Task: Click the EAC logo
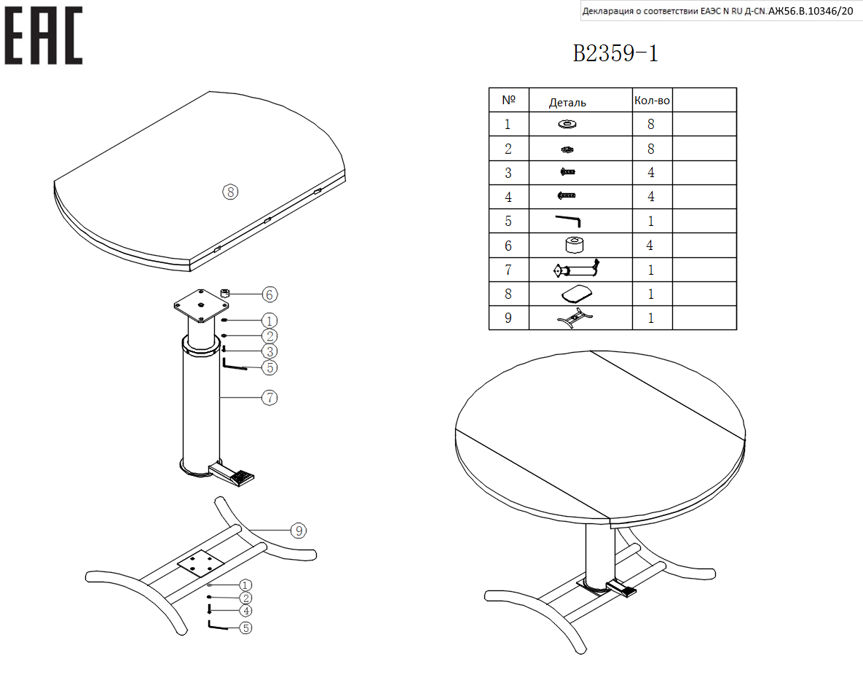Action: pos(44,36)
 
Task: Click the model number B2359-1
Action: pos(615,53)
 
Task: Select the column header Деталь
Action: pos(567,103)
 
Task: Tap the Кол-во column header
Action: pos(652,101)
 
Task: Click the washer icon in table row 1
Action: pos(567,125)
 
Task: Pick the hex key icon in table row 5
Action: pos(568,220)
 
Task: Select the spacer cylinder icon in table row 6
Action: pos(575,245)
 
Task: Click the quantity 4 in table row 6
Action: pos(650,245)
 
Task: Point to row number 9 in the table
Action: pos(508,318)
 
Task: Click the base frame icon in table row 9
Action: pos(574,318)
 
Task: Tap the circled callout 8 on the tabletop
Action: pos(230,192)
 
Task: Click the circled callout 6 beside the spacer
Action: pos(269,294)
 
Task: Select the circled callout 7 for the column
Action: pos(269,398)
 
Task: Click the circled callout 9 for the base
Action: pos(299,531)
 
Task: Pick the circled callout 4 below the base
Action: pos(246,611)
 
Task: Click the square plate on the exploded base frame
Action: pos(200,563)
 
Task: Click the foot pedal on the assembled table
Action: pos(621,589)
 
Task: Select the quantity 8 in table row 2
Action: pos(651,149)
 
